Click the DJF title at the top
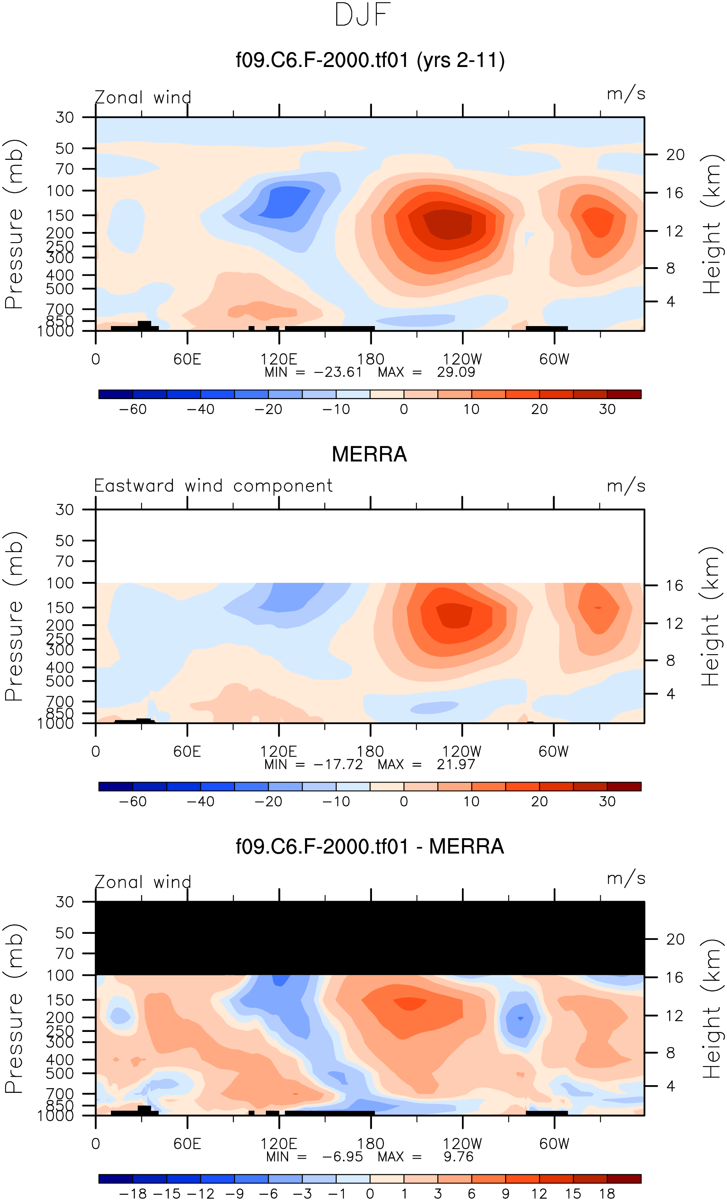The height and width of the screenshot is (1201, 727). coord(363,15)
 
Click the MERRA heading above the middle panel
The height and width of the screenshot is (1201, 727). coord(369,454)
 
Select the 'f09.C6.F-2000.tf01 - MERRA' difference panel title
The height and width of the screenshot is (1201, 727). coord(369,847)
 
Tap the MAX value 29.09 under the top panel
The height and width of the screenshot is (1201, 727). coord(455,372)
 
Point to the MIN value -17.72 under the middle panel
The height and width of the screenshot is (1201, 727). coord(338,764)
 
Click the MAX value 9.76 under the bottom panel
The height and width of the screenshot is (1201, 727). coord(458,1157)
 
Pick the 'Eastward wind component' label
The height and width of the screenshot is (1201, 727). coord(213,486)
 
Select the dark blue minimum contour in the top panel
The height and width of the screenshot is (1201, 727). coord(285,201)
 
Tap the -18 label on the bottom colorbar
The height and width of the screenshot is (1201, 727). coord(133,1193)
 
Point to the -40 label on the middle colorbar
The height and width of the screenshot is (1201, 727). coord(200,801)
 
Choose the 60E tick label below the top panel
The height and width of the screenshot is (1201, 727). coord(187,359)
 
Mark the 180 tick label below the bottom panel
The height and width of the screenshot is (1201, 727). coord(370,1144)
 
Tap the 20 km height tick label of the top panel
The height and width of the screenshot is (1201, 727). coord(675,155)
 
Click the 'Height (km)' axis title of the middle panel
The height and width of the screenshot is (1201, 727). coord(711,617)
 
